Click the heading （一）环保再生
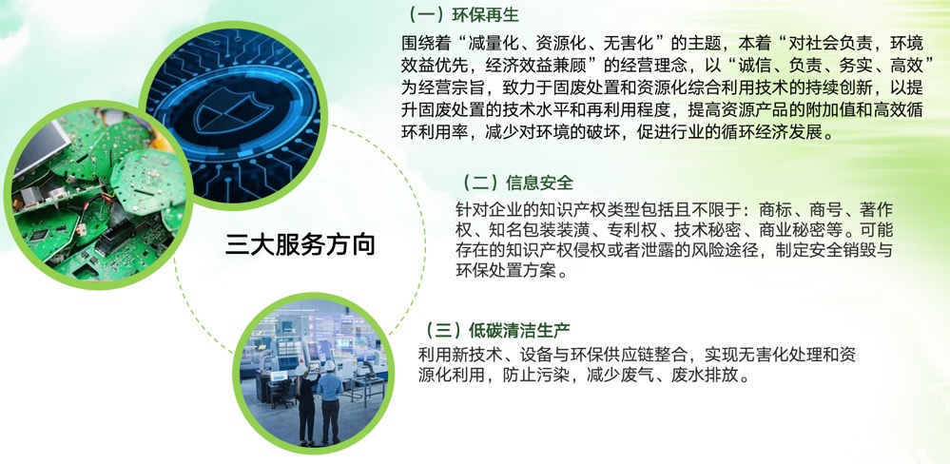[x=460, y=14]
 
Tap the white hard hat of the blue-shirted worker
[x=330, y=365]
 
